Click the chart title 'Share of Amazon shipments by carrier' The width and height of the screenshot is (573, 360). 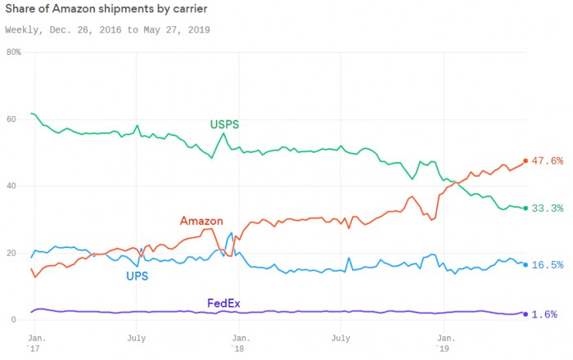coord(106,9)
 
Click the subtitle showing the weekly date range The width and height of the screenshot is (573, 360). coord(107,29)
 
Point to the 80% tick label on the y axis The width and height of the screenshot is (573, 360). coord(13,52)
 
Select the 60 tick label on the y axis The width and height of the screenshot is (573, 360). coord(11,119)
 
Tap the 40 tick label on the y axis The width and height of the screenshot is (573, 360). coord(11,187)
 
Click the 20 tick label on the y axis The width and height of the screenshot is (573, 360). coord(11,254)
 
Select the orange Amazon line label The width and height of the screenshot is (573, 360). coord(201,221)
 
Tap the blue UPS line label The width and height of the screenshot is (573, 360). coord(137,276)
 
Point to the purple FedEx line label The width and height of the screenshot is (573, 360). coord(223,304)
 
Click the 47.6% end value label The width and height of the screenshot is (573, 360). coord(547,161)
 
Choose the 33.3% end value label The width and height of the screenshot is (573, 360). coord(547,209)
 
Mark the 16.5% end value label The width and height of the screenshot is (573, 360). coord(547,265)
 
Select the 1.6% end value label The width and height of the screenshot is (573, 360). coord(545,314)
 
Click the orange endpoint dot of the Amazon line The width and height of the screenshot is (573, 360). coord(526,160)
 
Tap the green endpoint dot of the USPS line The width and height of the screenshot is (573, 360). coord(526,209)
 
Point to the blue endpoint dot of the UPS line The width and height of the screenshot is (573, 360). coord(526,264)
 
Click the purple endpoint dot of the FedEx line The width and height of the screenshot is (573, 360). coord(526,314)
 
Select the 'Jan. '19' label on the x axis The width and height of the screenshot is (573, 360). coord(446,342)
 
